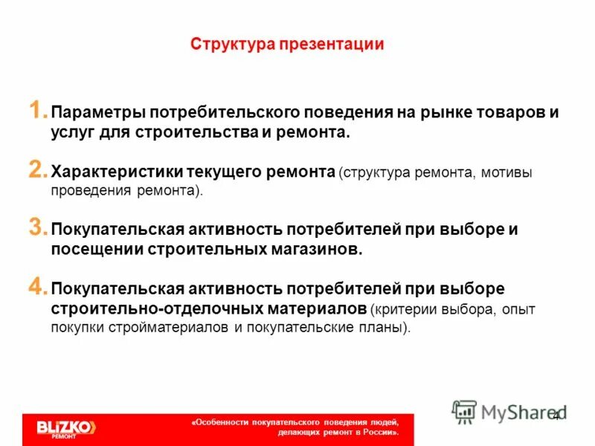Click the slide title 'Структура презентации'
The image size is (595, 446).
[x=286, y=45]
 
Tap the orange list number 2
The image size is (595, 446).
[x=39, y=170]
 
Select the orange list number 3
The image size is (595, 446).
[x=39, y=227]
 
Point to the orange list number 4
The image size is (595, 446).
[x=39, y=285]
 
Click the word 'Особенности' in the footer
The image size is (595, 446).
[x=223, y=421]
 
